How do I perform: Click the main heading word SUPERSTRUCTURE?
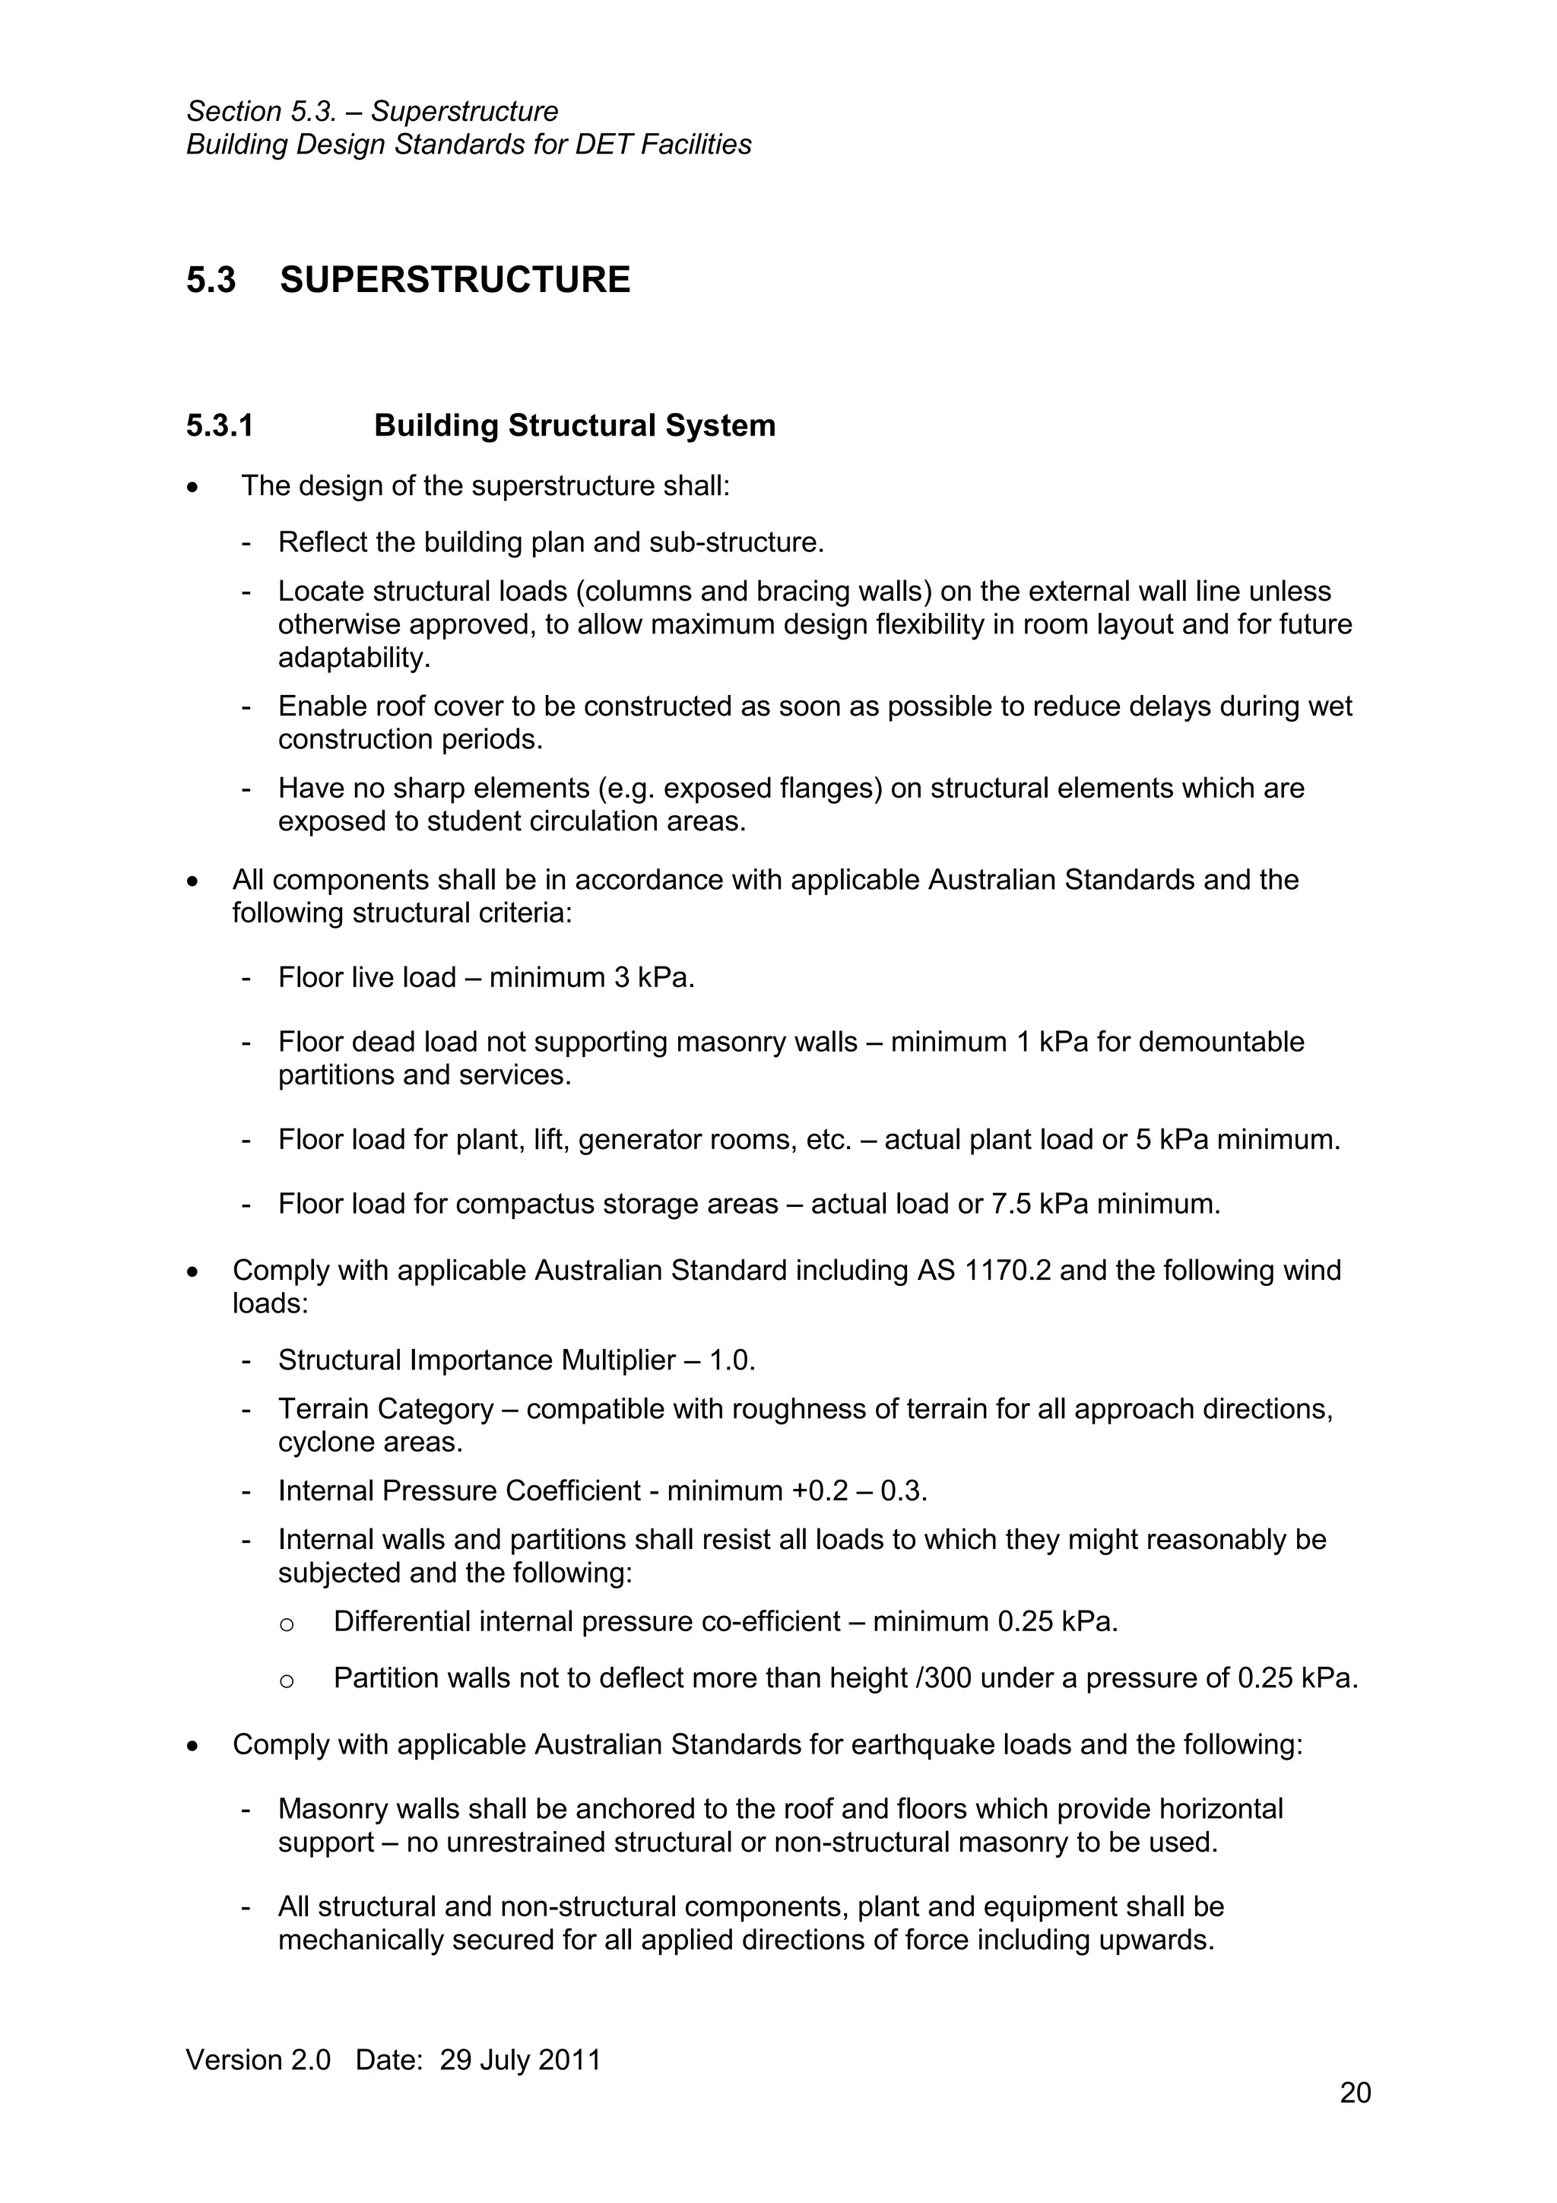tap(455, 280)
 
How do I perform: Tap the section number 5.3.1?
tap(220, 425)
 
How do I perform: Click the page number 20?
tap(1355, 2093)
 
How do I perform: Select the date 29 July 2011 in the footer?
tap(520, 2060)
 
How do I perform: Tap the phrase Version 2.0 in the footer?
tap(258, 2060)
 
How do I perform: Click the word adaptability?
tap(352, 659)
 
